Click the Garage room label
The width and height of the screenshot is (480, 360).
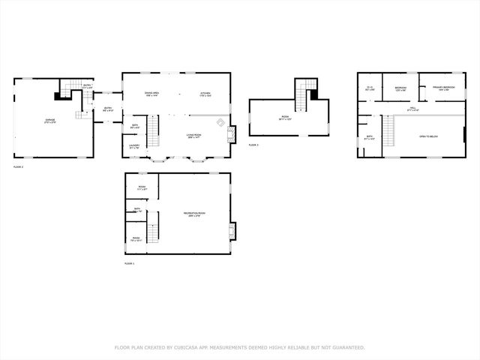pos(50,119)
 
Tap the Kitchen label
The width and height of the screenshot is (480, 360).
pos(205,94)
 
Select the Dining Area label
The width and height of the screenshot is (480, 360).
pos(151,94)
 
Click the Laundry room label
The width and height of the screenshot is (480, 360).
pos(134,146)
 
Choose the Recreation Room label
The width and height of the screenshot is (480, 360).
pos(195,214)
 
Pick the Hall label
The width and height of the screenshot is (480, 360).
pos(412,109)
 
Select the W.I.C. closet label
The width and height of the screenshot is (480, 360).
pos(369,88)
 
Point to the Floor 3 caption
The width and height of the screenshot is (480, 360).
pos(253,145)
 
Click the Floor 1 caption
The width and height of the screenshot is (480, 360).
pos(129,264)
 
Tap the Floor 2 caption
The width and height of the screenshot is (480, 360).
pos(18,166)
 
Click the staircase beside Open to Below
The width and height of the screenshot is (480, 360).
pos(388,132)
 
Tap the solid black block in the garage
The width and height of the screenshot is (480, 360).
pos(58,95)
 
